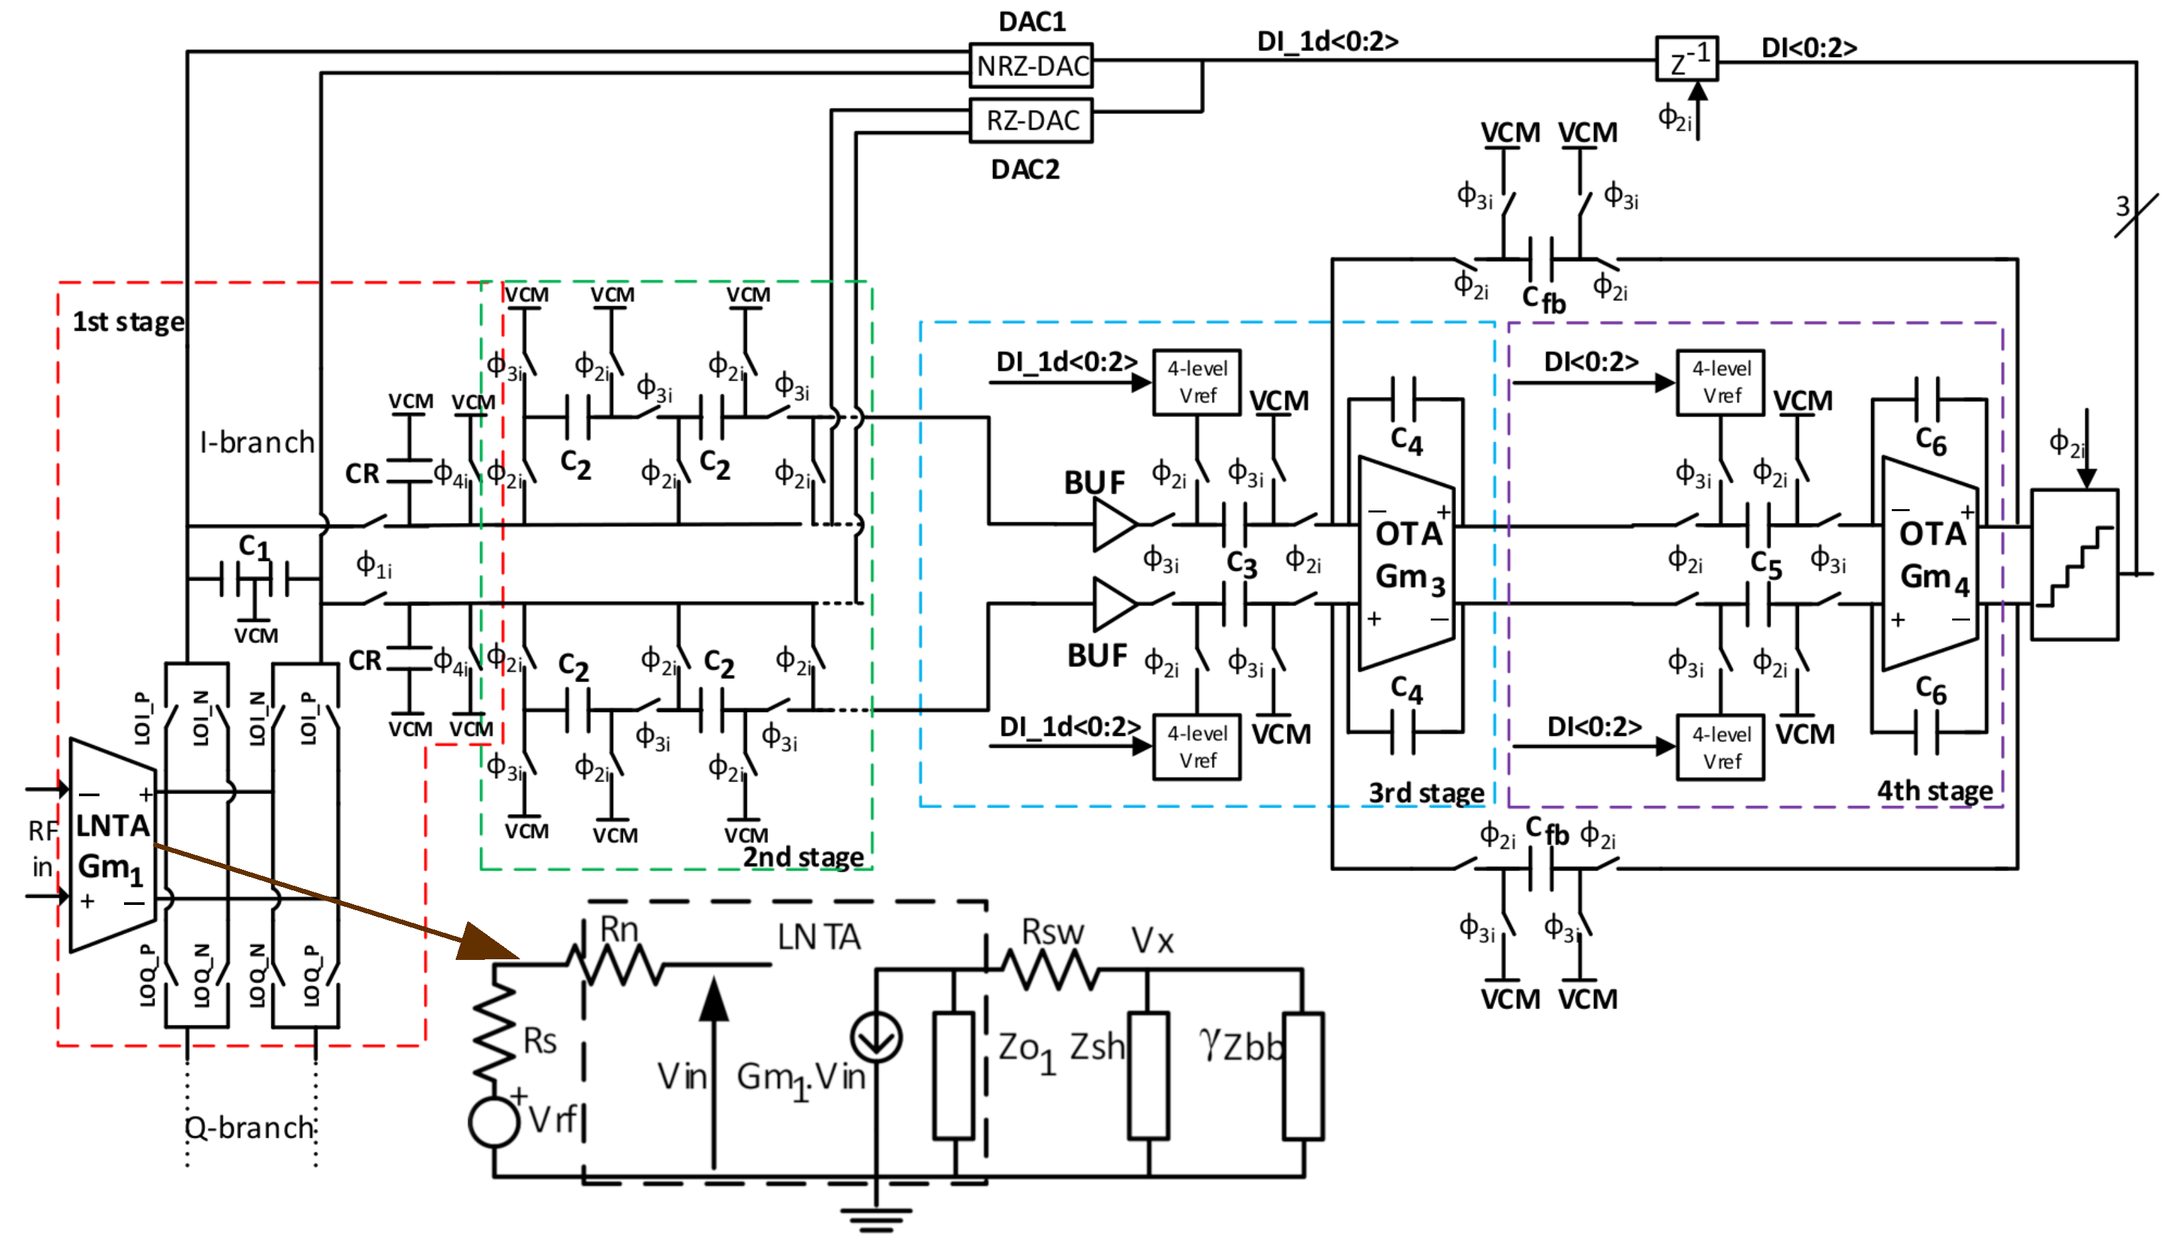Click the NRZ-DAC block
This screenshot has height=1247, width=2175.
point(1031,66)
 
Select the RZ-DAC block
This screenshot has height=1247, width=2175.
point(1031,121)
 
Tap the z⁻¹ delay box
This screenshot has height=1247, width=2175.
point(1686,59)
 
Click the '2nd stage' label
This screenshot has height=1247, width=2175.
point(803,857)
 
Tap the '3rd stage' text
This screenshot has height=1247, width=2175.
point(1425,792)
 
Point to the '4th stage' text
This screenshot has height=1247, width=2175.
point(1934,790)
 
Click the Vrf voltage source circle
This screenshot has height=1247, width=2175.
point(494,1121)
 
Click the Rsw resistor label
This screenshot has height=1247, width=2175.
point(1052,932)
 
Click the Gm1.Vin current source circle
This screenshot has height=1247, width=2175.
point(876,1037)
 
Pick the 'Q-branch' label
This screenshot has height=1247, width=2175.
point(250,1127)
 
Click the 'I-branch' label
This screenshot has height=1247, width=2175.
point(257,442)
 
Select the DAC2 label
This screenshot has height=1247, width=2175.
point(1025,170)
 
